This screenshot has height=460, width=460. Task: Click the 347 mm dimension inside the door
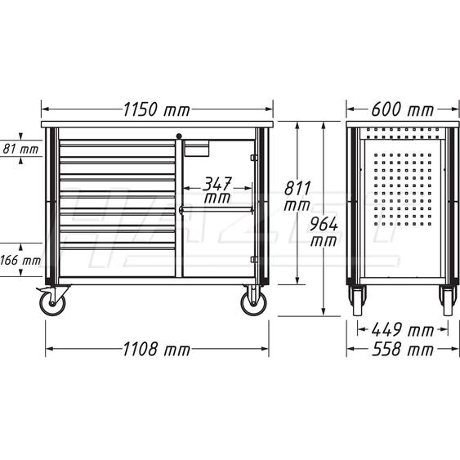coord(217,190)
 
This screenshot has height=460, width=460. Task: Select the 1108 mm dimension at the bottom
coord(157,350)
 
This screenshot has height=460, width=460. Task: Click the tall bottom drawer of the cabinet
coord(118,261)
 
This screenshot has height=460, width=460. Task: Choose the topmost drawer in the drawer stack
coord(118,148)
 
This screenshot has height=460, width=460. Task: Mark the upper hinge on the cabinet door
coord(254,158)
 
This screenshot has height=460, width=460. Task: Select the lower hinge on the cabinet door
coord(254,259)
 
